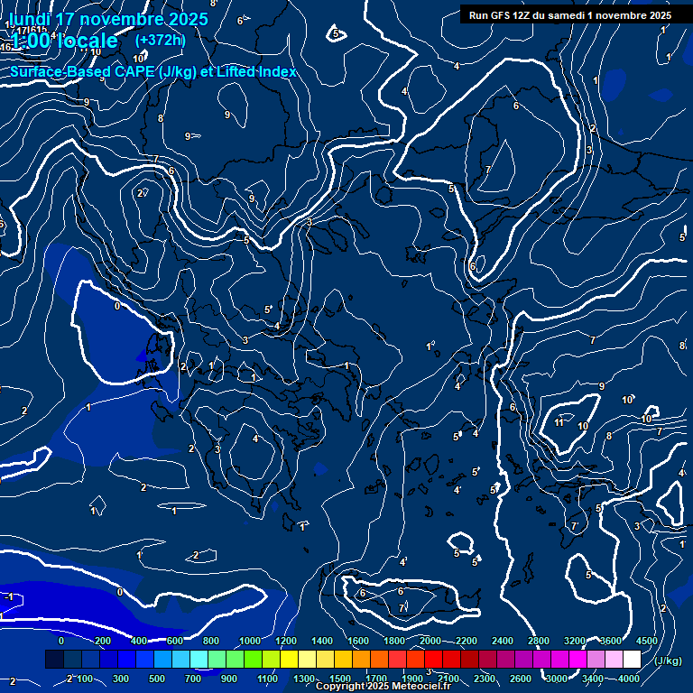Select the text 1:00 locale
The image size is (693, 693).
65,41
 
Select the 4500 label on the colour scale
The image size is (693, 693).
646,641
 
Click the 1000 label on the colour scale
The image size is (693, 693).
249,641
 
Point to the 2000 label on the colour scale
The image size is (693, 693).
430,641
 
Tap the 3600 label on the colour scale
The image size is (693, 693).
610,641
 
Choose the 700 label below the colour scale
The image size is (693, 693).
193,679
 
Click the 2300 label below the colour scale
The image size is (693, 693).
484,679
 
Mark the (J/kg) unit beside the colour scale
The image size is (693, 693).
668,661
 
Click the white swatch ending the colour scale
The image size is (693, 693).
632,660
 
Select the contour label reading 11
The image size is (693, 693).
559,422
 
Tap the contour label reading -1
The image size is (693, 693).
7,596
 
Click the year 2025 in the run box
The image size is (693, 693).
656,15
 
